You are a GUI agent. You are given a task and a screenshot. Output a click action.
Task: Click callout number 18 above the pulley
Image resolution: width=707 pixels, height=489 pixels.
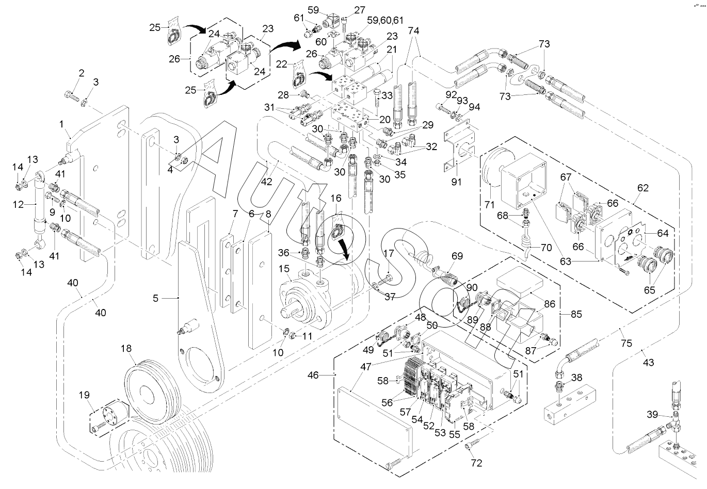126,349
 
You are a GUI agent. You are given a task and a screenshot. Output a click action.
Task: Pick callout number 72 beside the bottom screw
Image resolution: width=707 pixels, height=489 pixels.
476,463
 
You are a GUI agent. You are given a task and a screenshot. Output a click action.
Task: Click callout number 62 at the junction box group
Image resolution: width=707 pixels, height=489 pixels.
643,188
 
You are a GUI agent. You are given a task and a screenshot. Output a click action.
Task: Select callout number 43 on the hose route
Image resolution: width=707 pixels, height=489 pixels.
648,363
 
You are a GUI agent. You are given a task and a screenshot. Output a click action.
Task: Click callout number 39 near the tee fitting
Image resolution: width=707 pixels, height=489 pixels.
651,414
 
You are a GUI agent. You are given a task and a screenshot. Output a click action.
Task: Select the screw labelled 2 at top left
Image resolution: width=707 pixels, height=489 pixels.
71,95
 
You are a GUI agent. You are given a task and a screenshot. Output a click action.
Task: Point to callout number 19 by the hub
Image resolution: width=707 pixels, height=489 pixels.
84,396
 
